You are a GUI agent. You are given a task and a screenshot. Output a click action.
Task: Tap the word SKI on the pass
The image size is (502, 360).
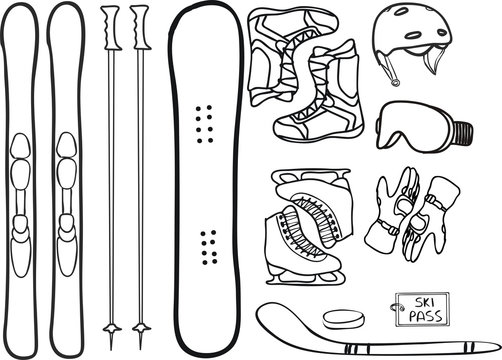417,302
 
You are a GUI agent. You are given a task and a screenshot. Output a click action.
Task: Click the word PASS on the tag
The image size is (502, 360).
419,317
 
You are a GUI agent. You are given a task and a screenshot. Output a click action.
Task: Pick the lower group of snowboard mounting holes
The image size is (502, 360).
207,244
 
